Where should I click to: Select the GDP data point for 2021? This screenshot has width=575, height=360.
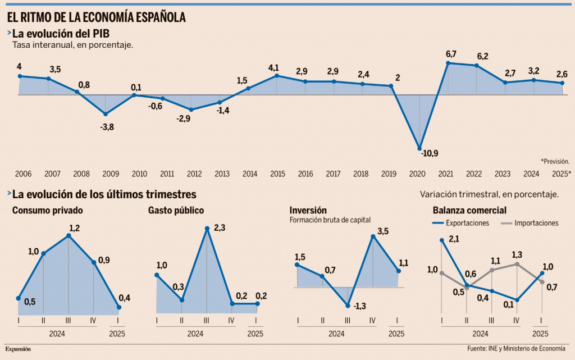tap(448, 63)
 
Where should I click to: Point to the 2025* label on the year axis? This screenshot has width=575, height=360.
tap(561, 174)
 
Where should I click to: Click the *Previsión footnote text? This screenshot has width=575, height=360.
tap(555, 161)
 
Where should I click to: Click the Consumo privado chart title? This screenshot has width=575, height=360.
tap(48, 211)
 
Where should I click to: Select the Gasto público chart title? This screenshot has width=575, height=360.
tap(176, 211)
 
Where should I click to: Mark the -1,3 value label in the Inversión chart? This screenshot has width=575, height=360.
tap(360, 306)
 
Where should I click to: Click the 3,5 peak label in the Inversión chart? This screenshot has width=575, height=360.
tap(383, 231)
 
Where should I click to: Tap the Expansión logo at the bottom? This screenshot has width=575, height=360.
tap(18, 349)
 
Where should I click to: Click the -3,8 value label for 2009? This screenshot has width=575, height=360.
tap(107, 127)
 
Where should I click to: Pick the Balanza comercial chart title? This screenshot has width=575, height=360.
tap(469, 211)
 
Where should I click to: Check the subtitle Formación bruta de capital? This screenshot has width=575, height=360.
tap(330, 220)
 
